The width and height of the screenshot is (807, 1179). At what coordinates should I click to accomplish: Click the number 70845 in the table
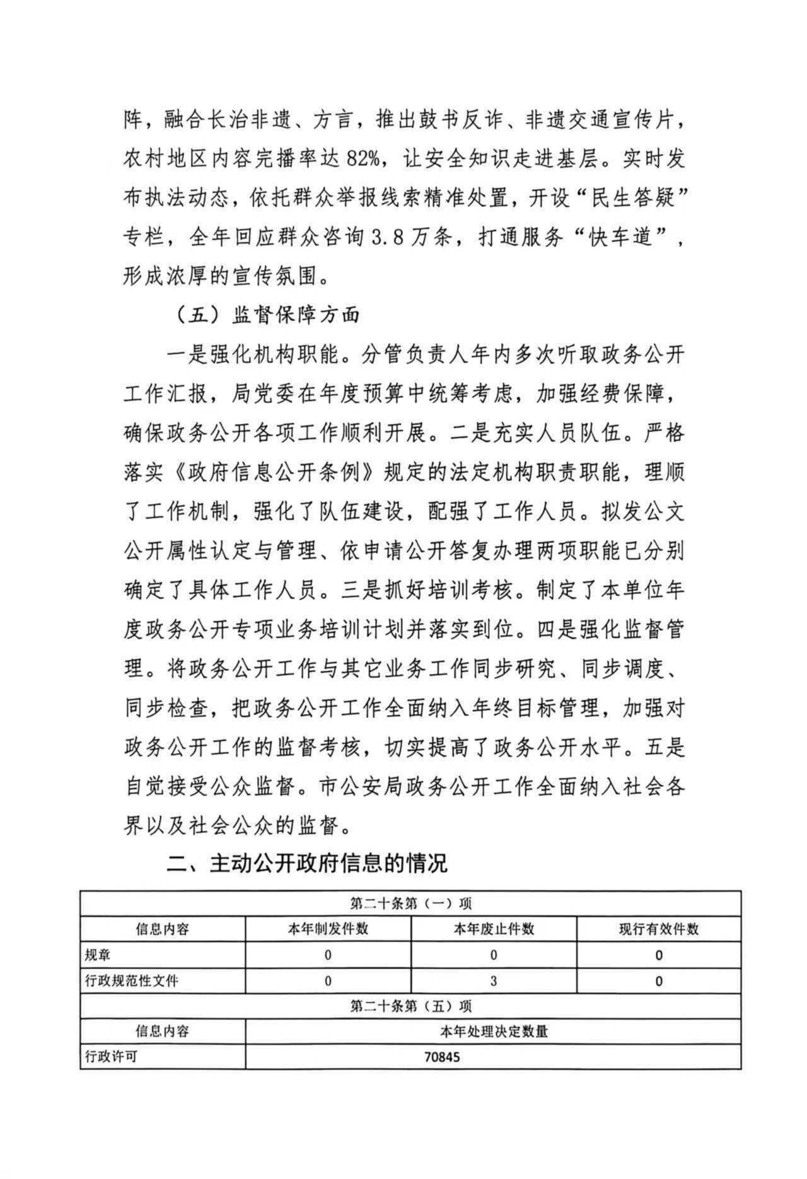(442, 1057)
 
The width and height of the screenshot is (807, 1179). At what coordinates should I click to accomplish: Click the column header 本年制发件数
(328, 929)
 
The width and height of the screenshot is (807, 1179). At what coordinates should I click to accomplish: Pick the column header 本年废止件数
(494, 929)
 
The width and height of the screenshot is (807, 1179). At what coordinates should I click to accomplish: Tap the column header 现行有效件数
(659, 929)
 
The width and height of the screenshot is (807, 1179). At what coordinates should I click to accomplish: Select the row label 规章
(98, 955)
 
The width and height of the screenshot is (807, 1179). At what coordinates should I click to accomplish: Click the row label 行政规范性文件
(123, 981)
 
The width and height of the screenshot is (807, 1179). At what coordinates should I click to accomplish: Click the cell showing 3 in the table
(494, 981)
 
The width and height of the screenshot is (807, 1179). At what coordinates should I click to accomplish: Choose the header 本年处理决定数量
(494, 1031)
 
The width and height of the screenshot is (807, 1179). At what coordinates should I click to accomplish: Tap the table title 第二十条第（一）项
(410, 903)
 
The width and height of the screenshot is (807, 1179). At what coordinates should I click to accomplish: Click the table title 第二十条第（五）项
(410, 1006)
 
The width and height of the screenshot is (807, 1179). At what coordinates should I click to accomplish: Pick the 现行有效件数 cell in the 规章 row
(659, 955)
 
